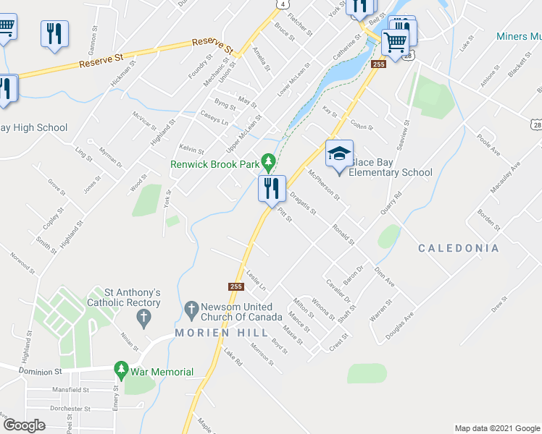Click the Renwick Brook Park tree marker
click(268, 161)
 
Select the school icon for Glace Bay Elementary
click(338, 153)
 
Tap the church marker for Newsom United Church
click(191, 310)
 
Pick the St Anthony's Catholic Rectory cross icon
click(143, 315)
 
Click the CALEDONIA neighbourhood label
click(459, 248)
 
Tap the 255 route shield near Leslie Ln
click(235, 286)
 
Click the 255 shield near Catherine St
click(378, 64)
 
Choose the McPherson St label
click(324, 186)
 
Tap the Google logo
click(24, 425)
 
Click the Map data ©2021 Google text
click(496, 428)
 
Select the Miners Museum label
click(519, 36)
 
